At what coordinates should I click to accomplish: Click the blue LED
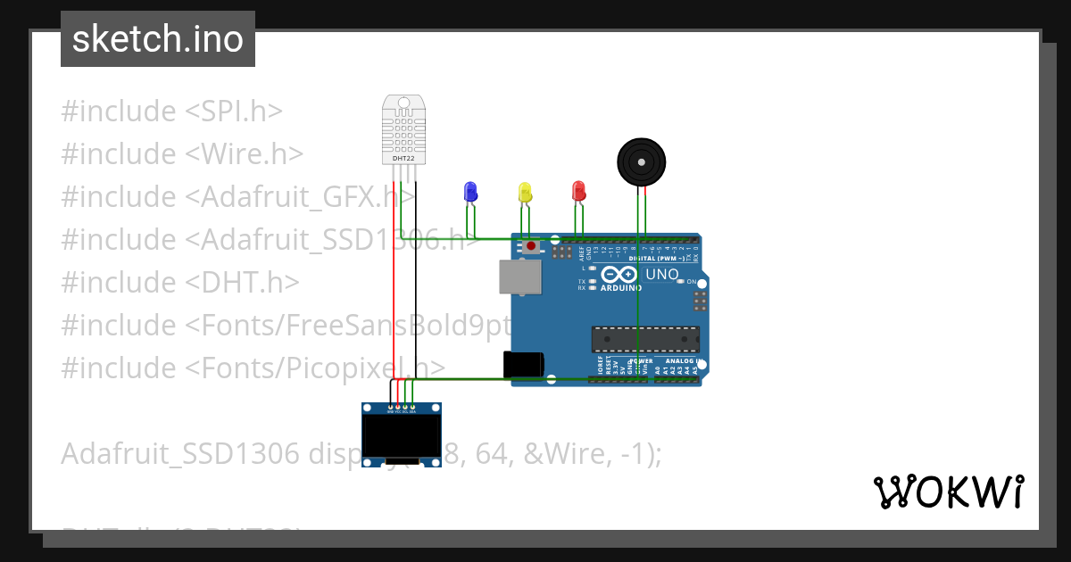[x=470, y=191]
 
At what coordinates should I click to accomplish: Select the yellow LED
[x=525, y=191]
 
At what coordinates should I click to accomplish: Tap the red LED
[x=578, y=190]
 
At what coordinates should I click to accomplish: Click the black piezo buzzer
[x=642, y=162]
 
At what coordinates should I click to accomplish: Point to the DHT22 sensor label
[x=403, y=158]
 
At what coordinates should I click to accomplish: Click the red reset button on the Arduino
[x=532, y=245]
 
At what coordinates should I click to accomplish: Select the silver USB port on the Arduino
[x=519, y=277]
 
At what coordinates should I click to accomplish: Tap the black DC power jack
[x=523, y=364]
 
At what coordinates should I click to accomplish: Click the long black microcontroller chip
[x=644, y=339]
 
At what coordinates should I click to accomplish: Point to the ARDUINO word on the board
[x=621, y=288]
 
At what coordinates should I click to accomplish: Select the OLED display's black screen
[x=402, y=436]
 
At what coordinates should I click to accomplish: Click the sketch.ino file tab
[x=158, y=39]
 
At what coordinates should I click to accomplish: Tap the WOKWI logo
[x=948, y=492]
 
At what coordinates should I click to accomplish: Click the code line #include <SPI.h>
[x=171, y=112]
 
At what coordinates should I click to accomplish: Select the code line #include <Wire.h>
[x=182, y=154]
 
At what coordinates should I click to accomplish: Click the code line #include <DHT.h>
[x=179, y=282]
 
